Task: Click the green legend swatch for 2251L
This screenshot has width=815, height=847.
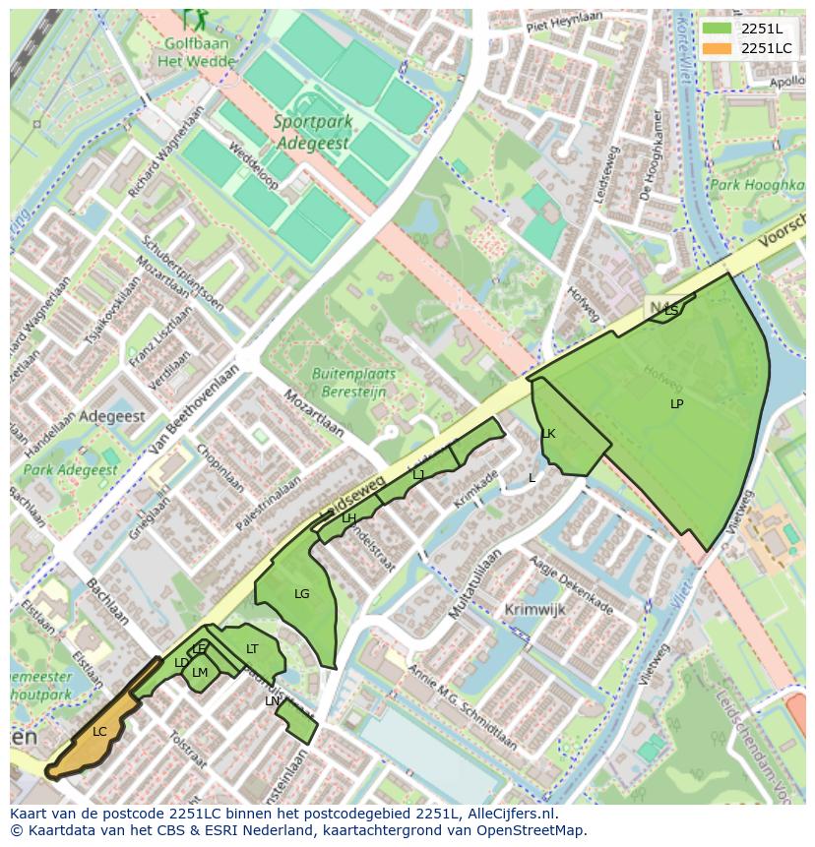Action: [x=718, y=29]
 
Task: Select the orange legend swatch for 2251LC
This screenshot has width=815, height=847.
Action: [x=718, y=48]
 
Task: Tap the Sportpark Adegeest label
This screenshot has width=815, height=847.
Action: [x=312, y=132]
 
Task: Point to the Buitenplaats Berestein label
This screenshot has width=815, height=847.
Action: [x=353, y=382]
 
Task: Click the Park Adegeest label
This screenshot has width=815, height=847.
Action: [x=70, y=470]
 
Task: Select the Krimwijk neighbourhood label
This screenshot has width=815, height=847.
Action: [x=534, y=610]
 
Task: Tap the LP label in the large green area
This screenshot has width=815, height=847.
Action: [x=676, y=404]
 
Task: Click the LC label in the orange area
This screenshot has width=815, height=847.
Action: [x=99, y=732]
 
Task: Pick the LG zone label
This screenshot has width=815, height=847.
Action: [x=301, y=594]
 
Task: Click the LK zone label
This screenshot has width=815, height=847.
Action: [x=548, y=434]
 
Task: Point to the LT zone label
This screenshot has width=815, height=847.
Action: [x=252, y=649]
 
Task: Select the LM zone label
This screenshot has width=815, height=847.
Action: [x=200, y=673]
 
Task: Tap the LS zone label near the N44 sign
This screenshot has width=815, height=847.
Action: [x=671, y=311]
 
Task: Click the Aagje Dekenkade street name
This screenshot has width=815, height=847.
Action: [x=571, y=584]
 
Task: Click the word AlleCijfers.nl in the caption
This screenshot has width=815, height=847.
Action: [x=511, y=814]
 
